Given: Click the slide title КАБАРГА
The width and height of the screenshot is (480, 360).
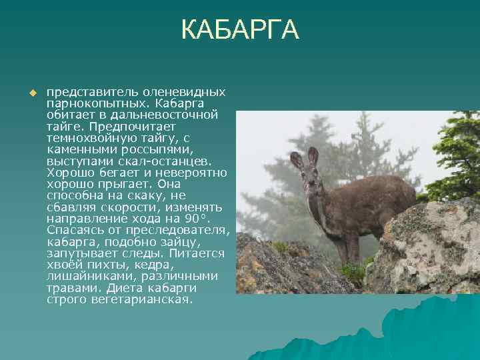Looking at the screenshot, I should coord(240,30).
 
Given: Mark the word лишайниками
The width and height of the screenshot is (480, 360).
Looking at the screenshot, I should coord(87,277).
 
